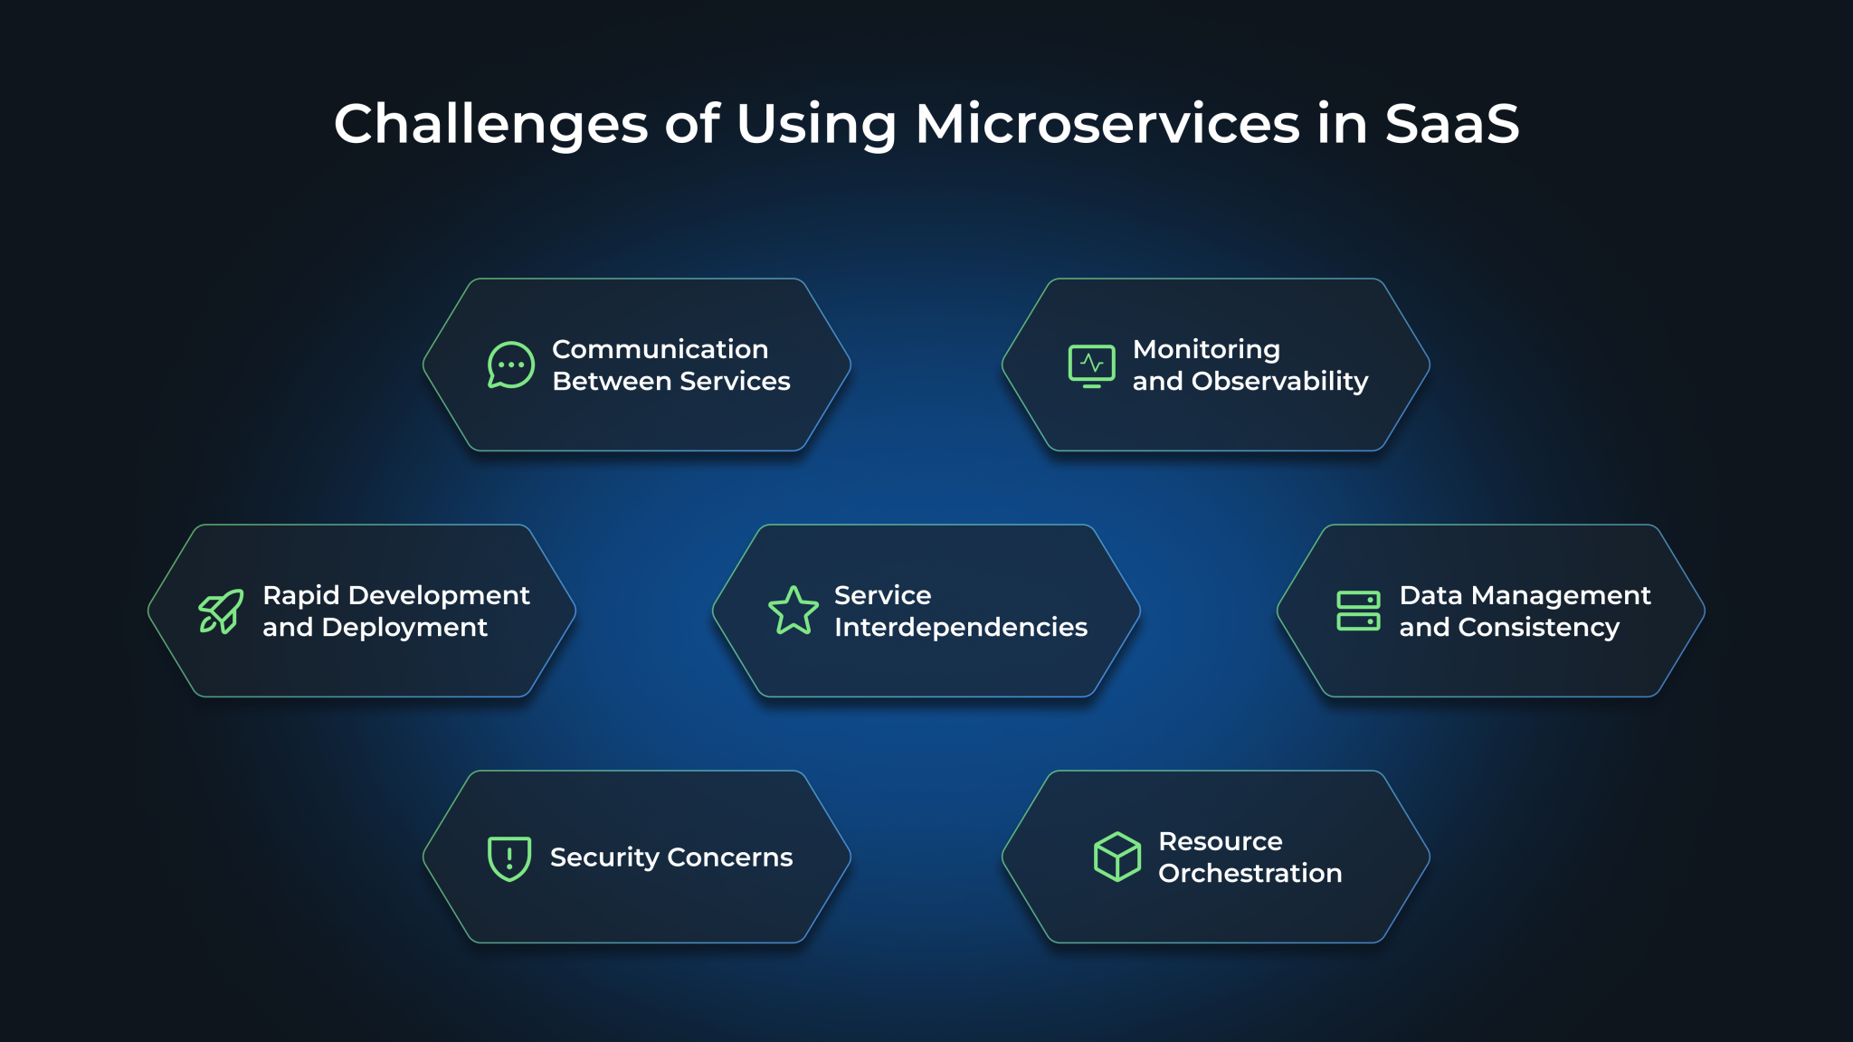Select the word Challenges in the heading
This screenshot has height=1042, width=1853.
coord(490,124)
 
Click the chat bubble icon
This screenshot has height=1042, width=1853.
coord(510,365)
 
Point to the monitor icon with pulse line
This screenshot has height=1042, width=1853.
coord(1091,365)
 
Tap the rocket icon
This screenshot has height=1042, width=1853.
coord(221,611)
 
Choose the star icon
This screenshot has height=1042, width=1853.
coord(793,611)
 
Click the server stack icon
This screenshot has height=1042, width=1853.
coord(1358,611)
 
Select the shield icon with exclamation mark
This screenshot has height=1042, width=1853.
coord(509,857)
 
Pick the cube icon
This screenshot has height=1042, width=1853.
coord(1117,857)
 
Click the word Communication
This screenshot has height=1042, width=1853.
coord(660,349)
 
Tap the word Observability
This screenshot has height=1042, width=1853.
coord(1279,382)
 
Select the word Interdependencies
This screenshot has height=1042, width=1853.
coord(960,628)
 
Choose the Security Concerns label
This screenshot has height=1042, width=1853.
coord(670,857)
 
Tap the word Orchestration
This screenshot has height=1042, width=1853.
coord(1250,874)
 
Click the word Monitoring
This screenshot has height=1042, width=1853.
coord(1206,349)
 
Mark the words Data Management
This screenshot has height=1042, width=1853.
coord(1525,595)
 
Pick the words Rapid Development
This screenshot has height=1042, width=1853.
coord(395,595)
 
